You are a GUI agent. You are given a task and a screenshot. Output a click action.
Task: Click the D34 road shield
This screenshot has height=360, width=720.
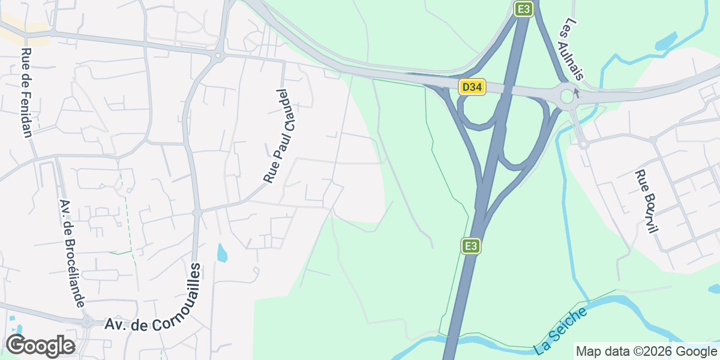472,88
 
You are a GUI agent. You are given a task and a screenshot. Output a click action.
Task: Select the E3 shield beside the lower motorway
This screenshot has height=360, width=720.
472,246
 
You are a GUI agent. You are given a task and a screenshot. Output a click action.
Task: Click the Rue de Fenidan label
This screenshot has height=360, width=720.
26,93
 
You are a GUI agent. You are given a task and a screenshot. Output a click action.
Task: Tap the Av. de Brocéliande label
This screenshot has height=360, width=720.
72,254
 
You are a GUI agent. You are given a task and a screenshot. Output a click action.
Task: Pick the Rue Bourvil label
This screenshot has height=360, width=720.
647,202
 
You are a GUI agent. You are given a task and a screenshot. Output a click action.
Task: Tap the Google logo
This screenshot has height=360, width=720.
40,346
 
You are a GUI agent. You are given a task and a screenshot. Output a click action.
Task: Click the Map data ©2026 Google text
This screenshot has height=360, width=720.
646,351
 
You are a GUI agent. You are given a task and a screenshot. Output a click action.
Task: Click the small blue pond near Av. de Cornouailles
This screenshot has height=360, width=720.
222,253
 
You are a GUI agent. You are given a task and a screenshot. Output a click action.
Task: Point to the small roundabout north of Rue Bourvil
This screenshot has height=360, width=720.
583,144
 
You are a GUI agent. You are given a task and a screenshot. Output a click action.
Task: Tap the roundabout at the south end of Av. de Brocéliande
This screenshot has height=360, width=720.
87,322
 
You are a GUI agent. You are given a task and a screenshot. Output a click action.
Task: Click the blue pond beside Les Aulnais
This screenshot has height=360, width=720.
666,41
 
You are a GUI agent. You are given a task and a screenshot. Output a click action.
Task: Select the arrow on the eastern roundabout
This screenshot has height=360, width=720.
577,92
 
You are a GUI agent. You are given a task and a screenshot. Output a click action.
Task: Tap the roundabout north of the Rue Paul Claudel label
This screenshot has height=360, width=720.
218,56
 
